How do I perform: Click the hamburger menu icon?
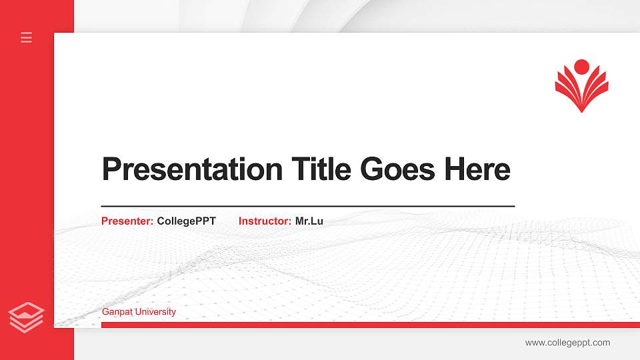click(27, 37)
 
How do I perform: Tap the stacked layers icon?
click(27, 317)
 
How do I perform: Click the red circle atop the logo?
click(581, 67)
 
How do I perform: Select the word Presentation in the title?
click(192, 169)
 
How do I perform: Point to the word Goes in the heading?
click(397, 169)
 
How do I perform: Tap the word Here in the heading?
click(477, 169)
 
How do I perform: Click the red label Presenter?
click(127, 221)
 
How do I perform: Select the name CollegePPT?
click(187, 221)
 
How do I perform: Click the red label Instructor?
click(265, 221)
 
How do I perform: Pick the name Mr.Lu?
click(309, 221)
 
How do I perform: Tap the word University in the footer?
click(155, 312)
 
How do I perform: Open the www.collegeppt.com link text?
click(567, 343)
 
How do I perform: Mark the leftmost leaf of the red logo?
click(561, 87)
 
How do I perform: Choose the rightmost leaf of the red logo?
click(602, 87)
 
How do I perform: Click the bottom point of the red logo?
click(581, 110)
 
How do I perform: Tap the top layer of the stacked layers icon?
click(27, 310)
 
